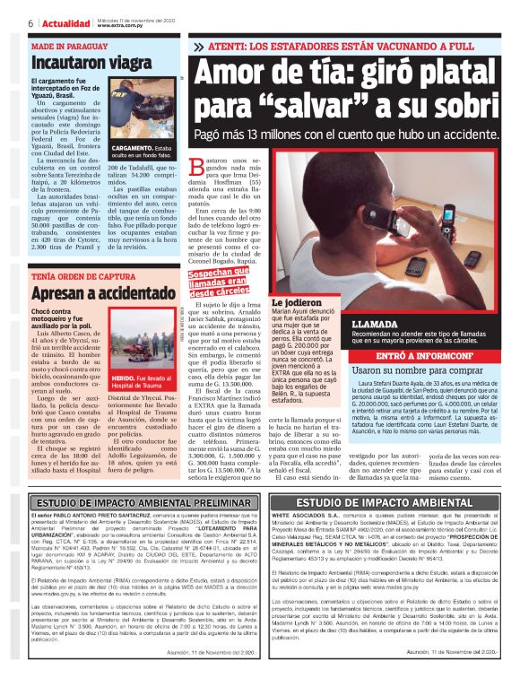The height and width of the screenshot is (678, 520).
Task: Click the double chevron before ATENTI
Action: coord(198,45)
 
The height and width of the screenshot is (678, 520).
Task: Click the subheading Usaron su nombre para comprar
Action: coord(409,370)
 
